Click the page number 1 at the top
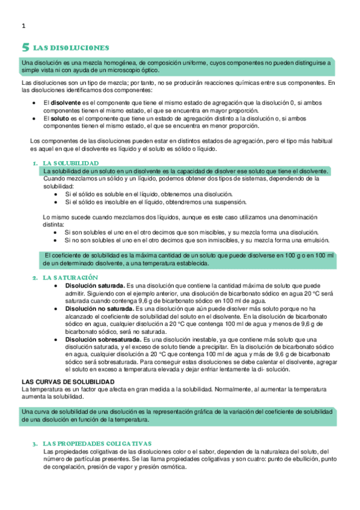[23, 26]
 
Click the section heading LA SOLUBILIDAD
[71, 164]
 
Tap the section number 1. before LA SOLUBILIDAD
[35, 164]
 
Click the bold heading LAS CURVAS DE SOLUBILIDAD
[67, 382]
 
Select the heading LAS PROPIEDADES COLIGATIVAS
[97, 443]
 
